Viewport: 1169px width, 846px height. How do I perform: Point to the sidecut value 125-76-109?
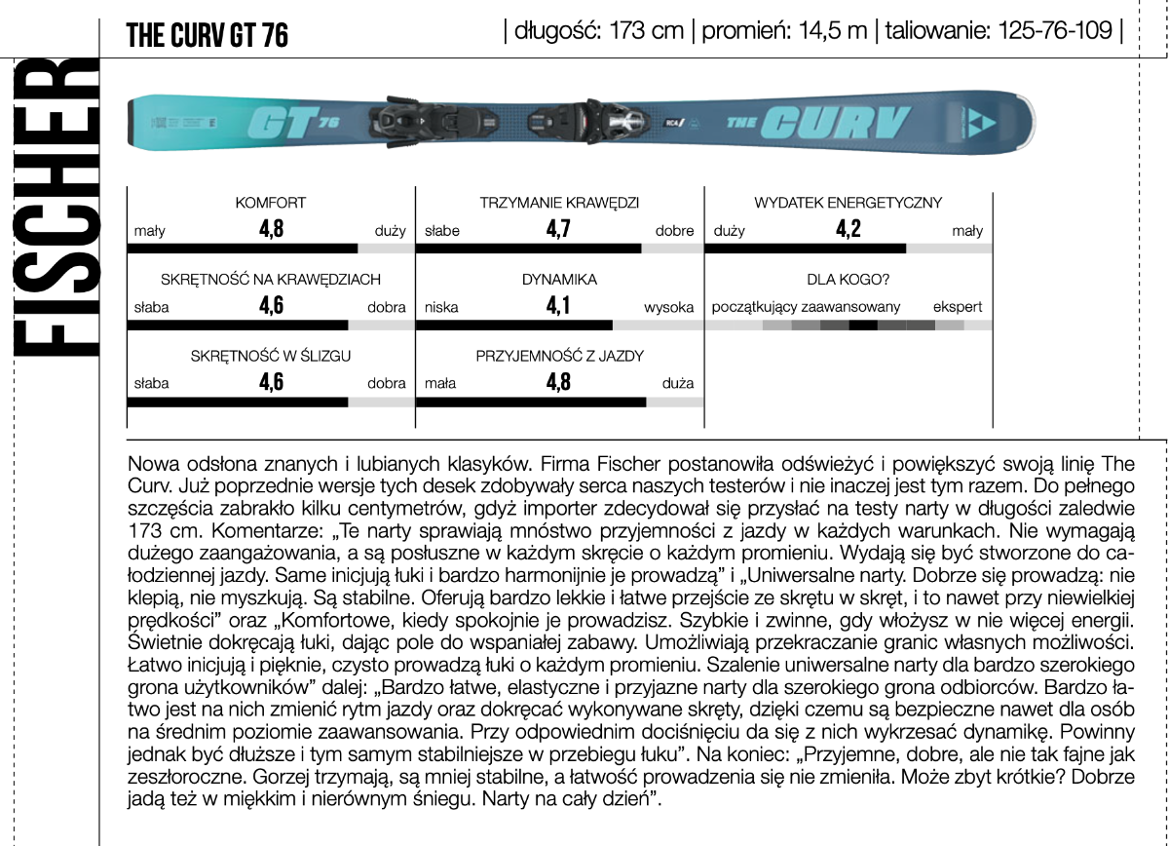click(x=1052, y=30)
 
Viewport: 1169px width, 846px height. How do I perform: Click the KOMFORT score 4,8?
click(x=271, y=230)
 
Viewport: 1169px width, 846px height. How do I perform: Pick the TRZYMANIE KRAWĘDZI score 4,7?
click(x=558, y=230)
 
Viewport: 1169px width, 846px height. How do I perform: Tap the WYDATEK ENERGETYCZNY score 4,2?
click(x=848, y=230)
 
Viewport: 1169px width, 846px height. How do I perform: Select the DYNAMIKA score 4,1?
click(x=558, y=306)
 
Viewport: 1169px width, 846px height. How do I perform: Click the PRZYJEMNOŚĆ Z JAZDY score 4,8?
click(x=558, y=382)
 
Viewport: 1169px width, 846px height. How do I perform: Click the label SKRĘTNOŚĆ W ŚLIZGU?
click(x=271, y=357)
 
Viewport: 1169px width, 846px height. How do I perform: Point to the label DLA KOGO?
click(x=848, y=280)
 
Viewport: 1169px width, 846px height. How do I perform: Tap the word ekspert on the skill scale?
click(x=957, y=307)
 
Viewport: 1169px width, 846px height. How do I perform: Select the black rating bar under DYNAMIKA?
click(x=514, y=325)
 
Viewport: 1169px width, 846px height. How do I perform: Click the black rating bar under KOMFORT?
click(x=243, y=249)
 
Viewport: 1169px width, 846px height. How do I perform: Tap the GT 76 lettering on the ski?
click(x=293, y=124)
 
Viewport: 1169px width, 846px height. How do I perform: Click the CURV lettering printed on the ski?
click(x=834, y=123)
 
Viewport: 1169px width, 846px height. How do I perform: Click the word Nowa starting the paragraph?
click(x=151, y=459)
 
